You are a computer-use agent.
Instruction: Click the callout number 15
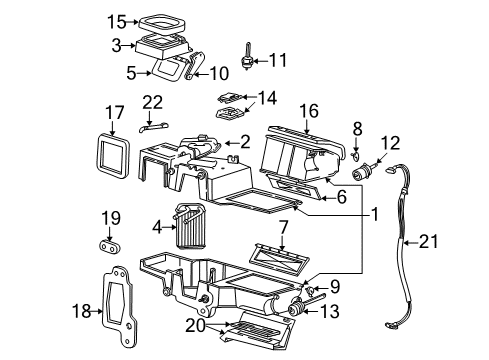[x=118, y=20]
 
